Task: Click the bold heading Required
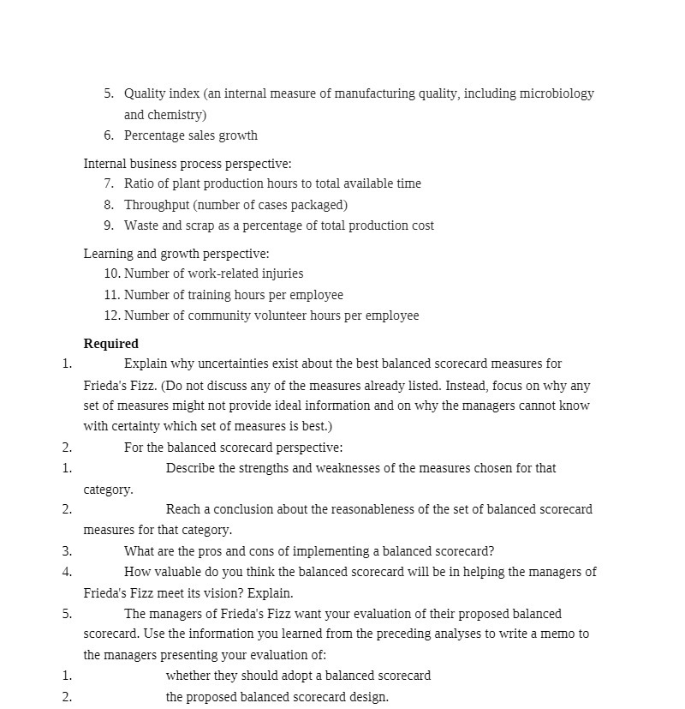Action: pyautogui.click(x=110, y=343)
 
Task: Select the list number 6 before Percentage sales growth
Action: pyautogui.click(x=109, y=135)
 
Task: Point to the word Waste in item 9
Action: pyautogui.click(x=141, y=225)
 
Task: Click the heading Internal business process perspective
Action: pyautogui.click(x=187, y=164)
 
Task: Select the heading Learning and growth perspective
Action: pyautogui.click(x=176, y=254)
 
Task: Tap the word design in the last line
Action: pyautogui.click(x=367, y=697)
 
